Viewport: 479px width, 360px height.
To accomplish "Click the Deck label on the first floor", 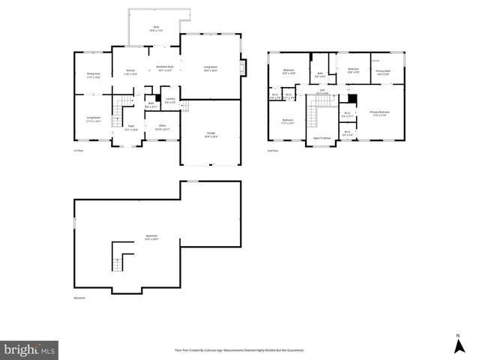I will [157, 28].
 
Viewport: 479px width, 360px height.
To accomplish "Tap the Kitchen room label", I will [130, 73].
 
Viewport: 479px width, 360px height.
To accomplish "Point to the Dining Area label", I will [94, 76].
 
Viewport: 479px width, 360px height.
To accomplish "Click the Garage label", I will [211, 135].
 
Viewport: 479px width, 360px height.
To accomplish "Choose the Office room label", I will [162, 127].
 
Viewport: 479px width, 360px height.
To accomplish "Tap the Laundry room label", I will [169, 100].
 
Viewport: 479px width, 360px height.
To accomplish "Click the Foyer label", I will [130, 128].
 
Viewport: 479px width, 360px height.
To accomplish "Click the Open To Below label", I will [322, 139].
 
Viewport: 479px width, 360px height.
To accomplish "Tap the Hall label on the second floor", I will [322, 91].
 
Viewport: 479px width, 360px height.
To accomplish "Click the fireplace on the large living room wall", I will [241, 68].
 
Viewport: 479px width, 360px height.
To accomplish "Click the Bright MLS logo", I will [30, 349].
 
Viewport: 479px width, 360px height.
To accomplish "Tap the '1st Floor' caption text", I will [77, 150].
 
